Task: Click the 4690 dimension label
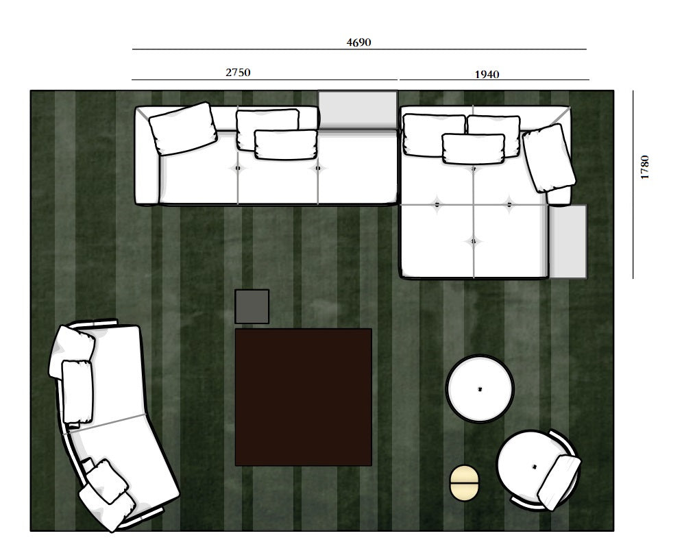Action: (358, 42)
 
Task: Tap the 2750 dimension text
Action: (238, 72)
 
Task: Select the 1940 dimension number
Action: (487, 75)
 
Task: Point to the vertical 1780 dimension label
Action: (644, 167)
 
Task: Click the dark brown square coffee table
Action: (303, 397)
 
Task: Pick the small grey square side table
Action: (252, 306)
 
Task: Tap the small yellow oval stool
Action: (464, 482)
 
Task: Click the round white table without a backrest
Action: (480, 389)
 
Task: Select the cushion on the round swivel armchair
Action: (559, 482)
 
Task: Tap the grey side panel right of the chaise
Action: (568, 241)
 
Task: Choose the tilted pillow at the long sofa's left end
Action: (183, 129)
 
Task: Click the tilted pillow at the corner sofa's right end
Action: (549, 158)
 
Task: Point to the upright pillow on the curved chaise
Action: (77, 392)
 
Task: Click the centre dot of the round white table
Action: (480, 389)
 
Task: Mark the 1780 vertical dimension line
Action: (633, 184)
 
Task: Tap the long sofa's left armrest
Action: (147, 156)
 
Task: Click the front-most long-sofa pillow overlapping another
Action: (286, 145)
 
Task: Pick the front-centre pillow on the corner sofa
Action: (474, 149)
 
